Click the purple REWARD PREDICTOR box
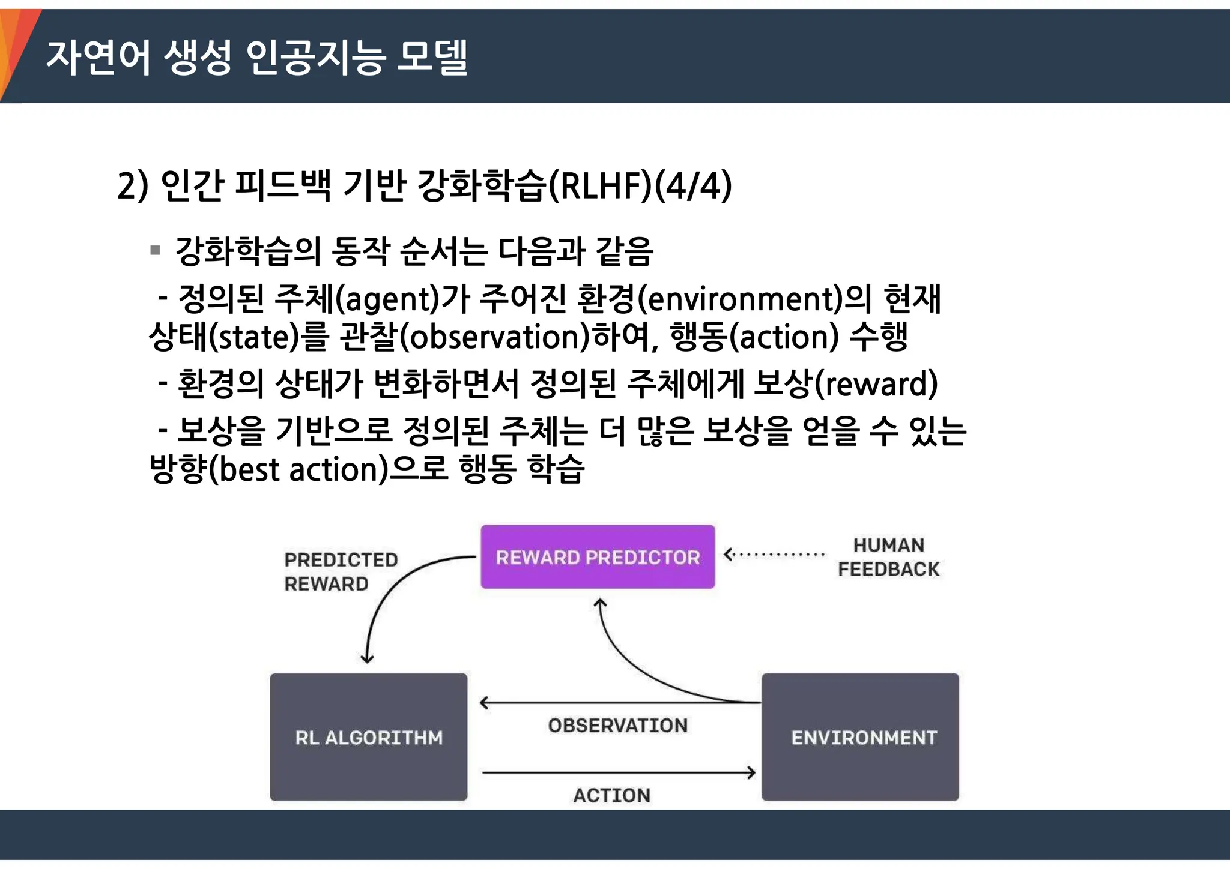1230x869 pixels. pos(598,557)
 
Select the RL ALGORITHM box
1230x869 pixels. pos(368,737)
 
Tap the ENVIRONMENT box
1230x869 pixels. pos(860,737)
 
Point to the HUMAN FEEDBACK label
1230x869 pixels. pos(888,557)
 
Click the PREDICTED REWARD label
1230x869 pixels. pos(341,571)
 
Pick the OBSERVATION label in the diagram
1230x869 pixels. pos(617,726)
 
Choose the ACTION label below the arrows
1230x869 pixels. pos(611,795)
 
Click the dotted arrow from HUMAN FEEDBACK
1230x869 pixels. pos(775,555)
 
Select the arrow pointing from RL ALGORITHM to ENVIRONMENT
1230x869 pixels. pos(619,773)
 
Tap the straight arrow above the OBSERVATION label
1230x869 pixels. pos(619,703)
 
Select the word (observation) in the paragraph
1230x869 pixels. pos(495,337)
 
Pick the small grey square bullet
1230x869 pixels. pos(155,250)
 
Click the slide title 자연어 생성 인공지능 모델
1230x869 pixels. pos(257,58)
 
